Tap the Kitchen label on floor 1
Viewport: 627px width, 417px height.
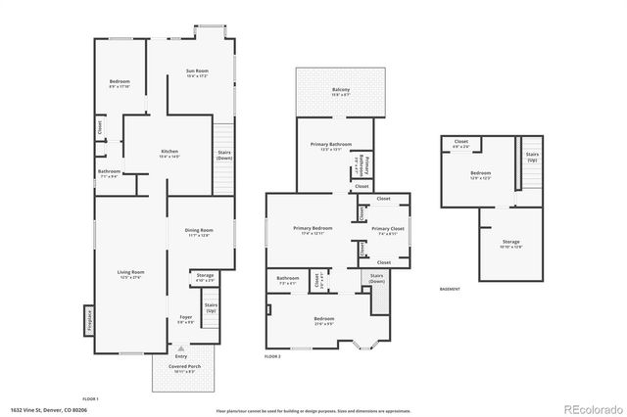169,153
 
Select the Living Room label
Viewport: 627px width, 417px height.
131,274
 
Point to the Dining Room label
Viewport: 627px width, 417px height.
199,232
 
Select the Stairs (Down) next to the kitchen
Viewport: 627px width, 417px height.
224,155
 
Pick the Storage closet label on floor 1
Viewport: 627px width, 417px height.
205,277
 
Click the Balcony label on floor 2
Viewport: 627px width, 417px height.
340,92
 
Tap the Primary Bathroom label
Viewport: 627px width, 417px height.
325,148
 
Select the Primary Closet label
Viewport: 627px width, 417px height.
383,231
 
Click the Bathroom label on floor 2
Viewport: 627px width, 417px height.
287,279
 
